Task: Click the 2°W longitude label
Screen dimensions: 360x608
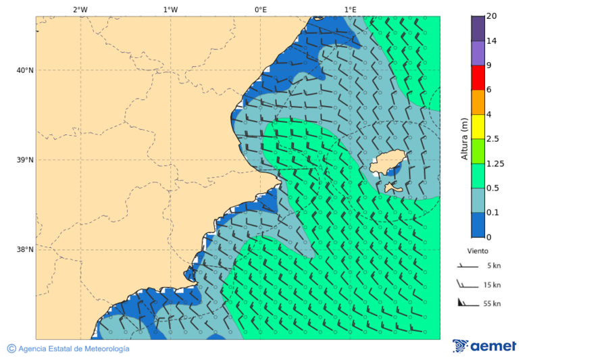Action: tap(80, 9)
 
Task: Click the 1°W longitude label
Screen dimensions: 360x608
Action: tap(170, 9)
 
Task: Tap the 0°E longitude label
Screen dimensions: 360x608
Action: tap(260, 9)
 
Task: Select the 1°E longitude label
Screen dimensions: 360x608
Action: tap(350, 9)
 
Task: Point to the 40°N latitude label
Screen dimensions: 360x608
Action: tap(24, 70)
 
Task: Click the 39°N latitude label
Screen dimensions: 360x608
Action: tap(24, 160)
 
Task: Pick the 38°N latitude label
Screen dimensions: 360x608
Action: tap(24, 250)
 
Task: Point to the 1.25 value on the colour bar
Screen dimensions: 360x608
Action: tap(495, 163)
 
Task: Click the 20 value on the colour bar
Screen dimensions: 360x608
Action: tap(492, 16)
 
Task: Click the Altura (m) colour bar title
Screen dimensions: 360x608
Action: tap(464, 139)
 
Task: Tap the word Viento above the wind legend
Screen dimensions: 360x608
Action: tap(478, 251)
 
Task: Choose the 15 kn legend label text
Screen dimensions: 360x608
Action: tap(492, 285)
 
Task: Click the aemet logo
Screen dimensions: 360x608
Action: tap(484, 346)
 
